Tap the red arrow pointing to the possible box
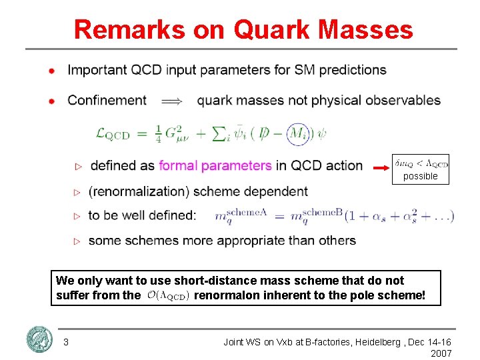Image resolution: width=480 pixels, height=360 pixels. (383, 165)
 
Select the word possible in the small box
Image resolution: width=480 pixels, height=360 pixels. (420, 177)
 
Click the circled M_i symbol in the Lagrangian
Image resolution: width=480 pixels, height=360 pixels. (298, 134)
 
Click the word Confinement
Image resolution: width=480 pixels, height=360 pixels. (107, 101)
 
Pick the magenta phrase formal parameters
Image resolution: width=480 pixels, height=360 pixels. (215, 165)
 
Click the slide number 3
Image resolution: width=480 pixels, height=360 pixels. (65, 342)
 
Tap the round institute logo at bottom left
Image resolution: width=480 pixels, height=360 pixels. (39, 340)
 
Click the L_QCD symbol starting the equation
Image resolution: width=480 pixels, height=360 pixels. (113, 134)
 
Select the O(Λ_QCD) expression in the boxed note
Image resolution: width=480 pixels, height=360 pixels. (168, 295)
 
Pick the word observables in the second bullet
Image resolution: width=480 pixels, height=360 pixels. (403, 101)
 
